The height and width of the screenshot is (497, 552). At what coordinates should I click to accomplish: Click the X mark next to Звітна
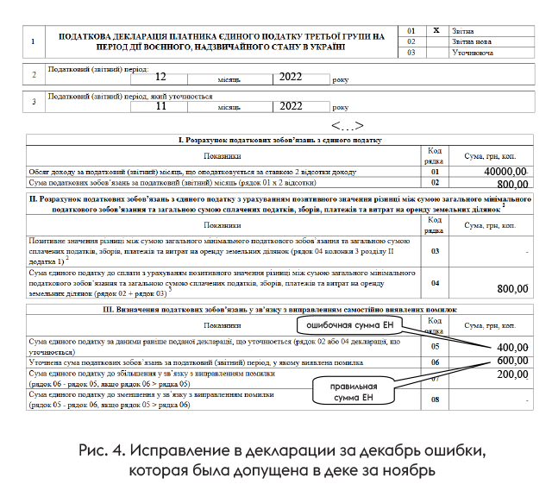tap(436, 30)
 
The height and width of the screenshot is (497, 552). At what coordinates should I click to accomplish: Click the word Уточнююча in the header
tap(474, 53)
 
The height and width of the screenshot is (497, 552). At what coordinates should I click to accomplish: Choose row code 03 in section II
tap(436, 251)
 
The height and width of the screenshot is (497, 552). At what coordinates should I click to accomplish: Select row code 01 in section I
tap(436, 173)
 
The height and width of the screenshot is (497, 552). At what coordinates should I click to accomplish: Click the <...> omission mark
tap(347, 126)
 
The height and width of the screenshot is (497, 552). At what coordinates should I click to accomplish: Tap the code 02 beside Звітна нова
tap(411, 41)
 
